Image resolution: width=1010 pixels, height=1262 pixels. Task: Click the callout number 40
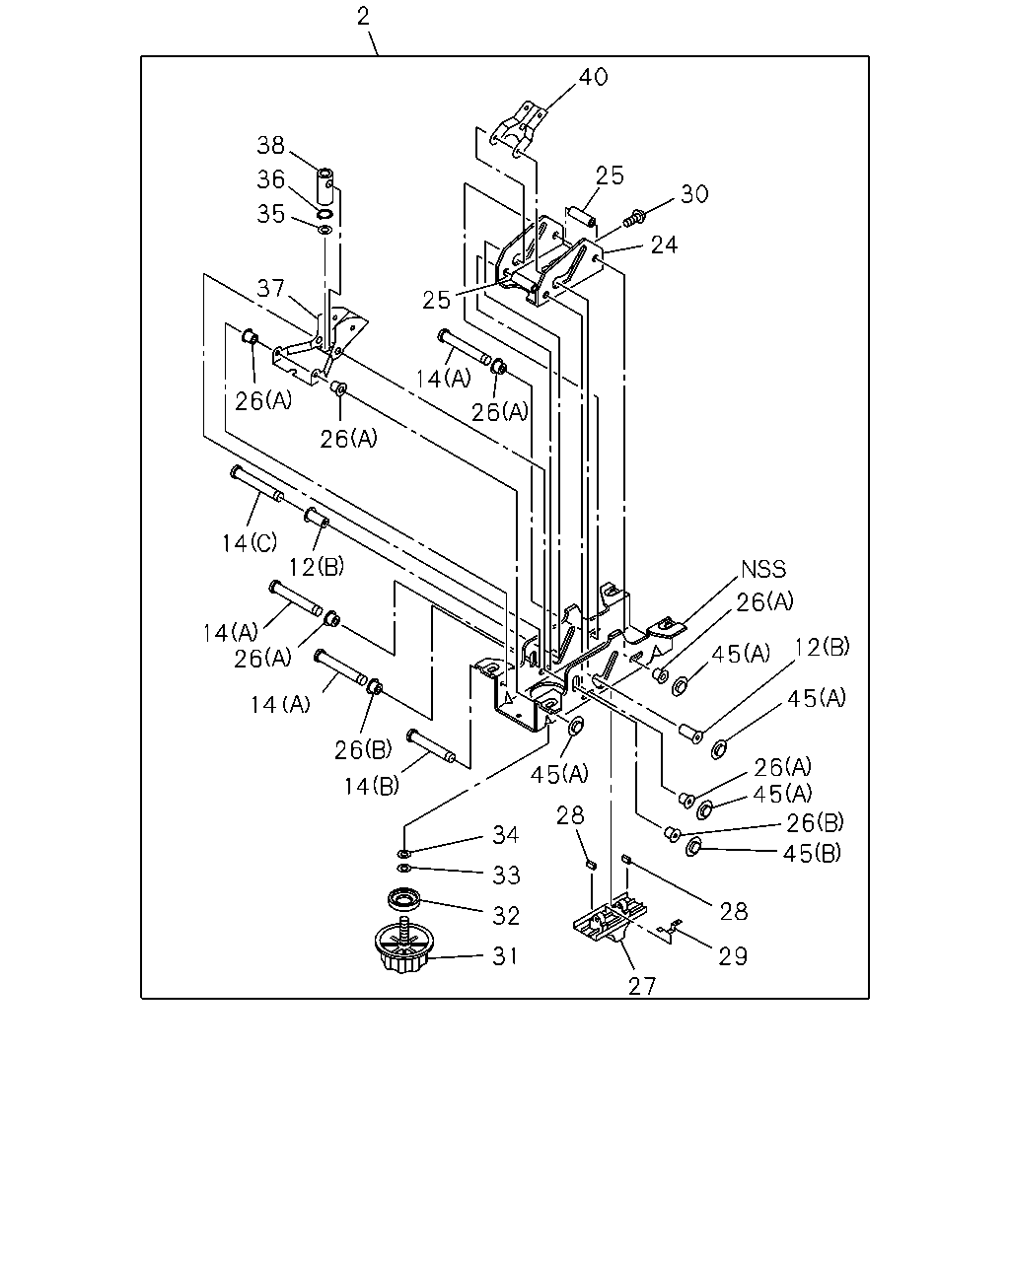pos(593,77)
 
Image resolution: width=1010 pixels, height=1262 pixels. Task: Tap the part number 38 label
pos(270,146)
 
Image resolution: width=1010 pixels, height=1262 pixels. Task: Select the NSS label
pos(763,570)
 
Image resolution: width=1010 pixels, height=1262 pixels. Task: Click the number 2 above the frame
pos(363,17)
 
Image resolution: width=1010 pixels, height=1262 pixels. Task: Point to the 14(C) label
pos(250,543)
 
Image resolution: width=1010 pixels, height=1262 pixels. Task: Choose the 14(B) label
pos(372,787)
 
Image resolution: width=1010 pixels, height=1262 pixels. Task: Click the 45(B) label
pos(812,854)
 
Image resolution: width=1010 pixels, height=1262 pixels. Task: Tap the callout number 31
pos(505,956)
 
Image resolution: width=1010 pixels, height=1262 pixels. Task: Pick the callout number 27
pos(641,987)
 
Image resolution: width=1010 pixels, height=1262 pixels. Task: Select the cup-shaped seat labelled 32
pos(404,900)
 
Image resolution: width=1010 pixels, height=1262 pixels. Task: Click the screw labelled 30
pos(634,219)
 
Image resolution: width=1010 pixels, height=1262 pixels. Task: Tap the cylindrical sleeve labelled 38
pos(325,185)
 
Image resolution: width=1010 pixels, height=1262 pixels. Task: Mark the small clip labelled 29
pos(669,932)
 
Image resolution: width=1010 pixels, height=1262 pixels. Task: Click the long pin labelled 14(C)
pos(257,484)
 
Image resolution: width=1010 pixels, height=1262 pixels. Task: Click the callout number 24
pos(665,245)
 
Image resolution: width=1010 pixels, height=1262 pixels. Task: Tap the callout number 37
pos(270,289)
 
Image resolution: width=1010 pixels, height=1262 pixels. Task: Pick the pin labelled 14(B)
pos(431,746)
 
